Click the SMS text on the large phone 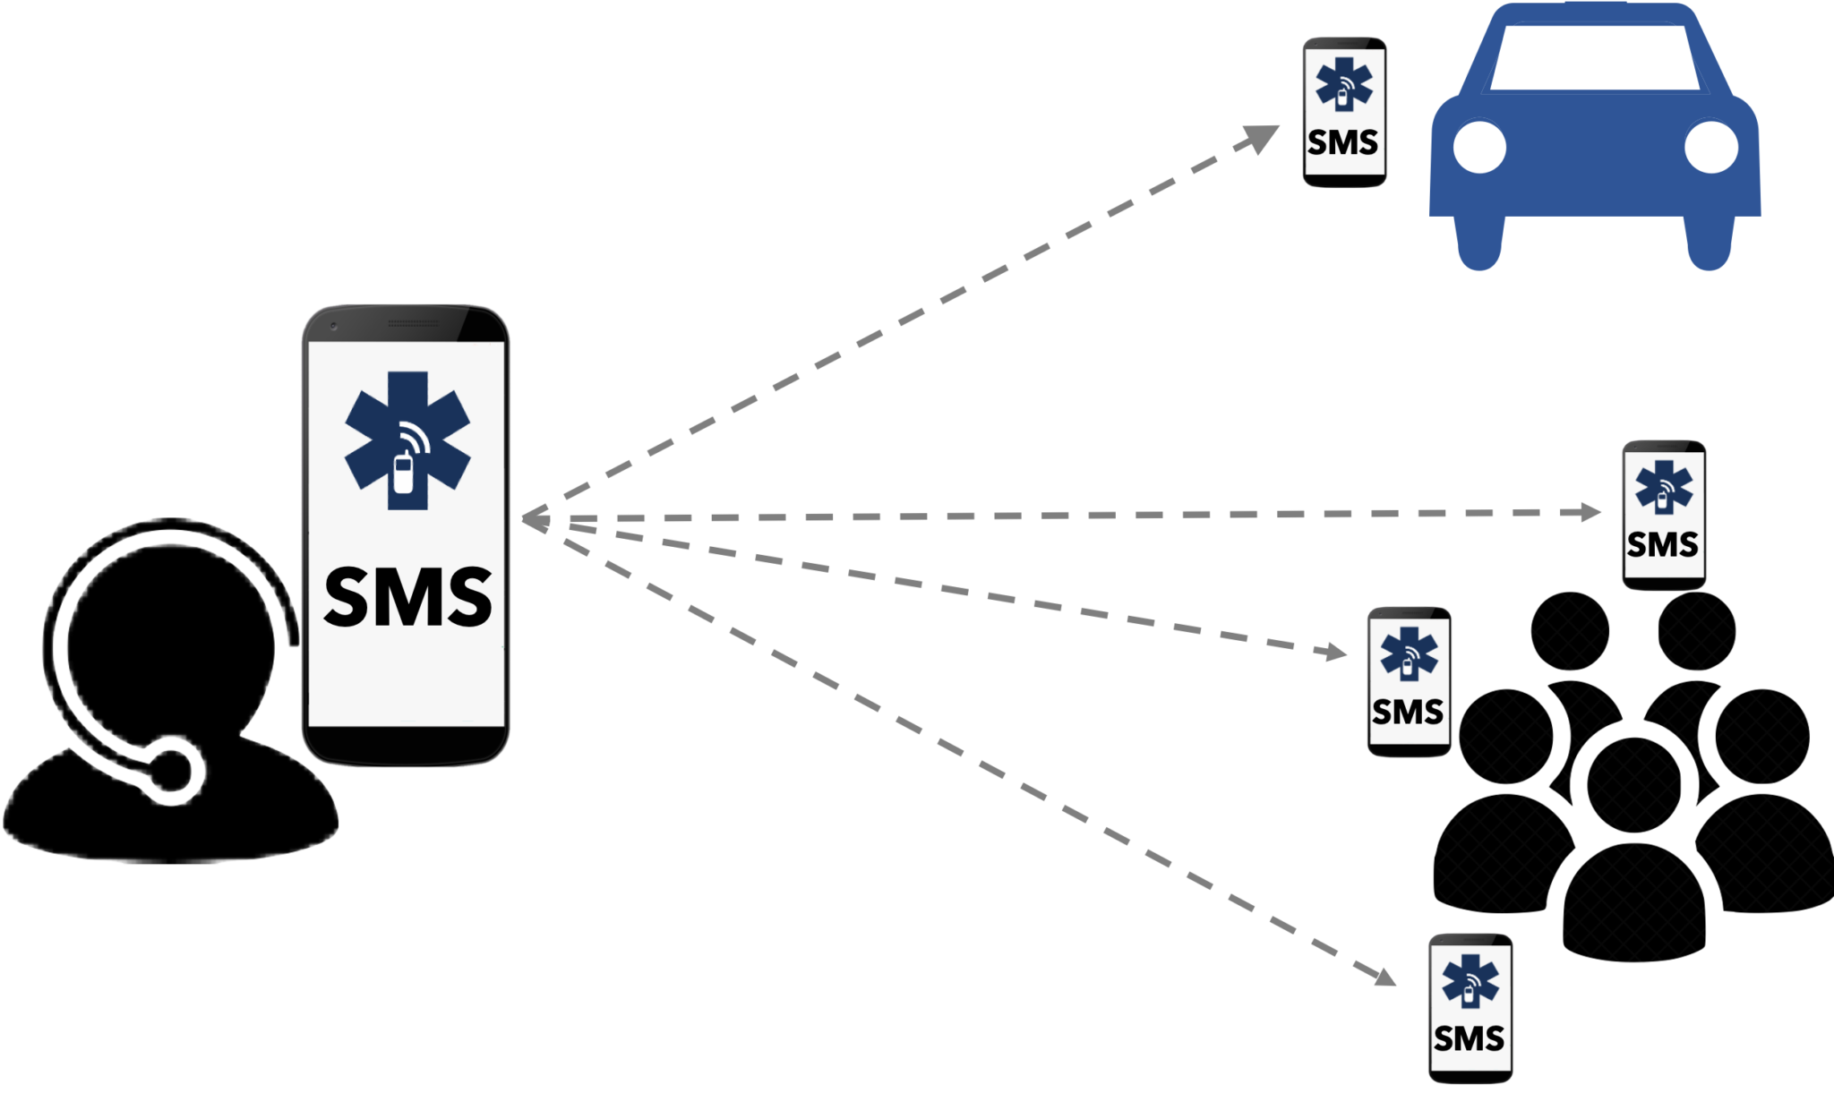407,597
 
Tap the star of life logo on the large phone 407,440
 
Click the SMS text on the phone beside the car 1342,142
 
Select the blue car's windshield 1594,57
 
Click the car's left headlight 1479,148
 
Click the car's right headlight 1710,148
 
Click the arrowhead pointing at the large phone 534,518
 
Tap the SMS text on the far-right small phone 1662,544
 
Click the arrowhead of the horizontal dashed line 1592,512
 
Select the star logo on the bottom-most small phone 1470,981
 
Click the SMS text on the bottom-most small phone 1469,1038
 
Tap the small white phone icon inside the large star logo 404,474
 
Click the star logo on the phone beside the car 1343,84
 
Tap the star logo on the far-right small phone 1663,487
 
